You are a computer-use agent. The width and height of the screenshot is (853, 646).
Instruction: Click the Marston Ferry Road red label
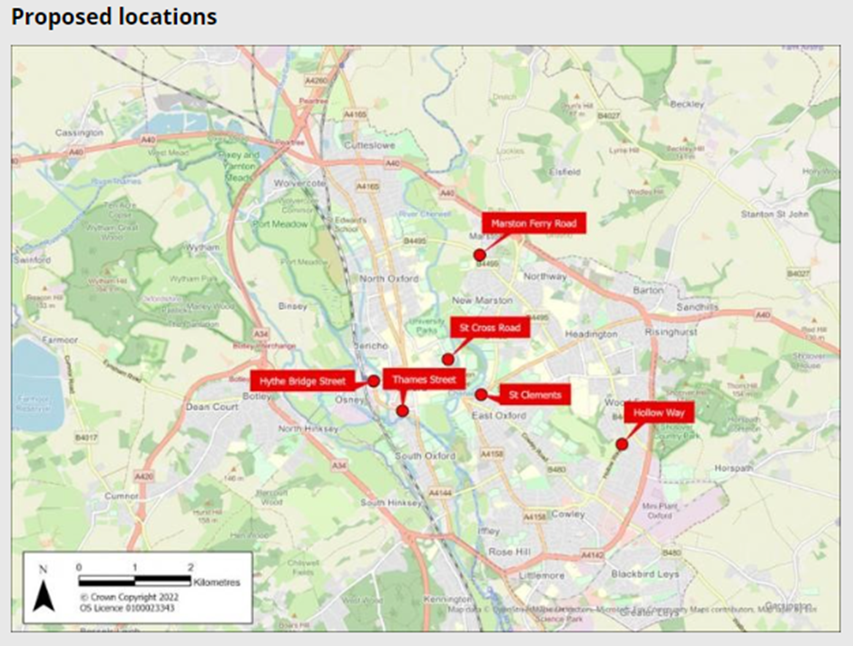[x=534, y=222]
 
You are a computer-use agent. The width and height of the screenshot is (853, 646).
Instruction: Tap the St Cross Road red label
[x=490, y=328]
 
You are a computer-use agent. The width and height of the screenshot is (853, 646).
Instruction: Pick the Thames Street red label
[x=424, y=379]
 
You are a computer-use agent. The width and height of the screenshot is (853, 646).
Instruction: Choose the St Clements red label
[x=534, y=395]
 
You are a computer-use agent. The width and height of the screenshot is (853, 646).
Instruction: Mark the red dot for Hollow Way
[x=622, y=444]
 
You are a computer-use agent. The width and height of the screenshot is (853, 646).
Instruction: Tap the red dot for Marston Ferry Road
[x=479, y=255]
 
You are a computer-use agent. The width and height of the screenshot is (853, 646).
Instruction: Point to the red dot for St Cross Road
[x=447, y=359]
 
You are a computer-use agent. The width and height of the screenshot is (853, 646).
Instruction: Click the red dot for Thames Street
[x=403, y=411]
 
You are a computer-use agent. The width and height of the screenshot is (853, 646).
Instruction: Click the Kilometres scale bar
[x=136, y=579]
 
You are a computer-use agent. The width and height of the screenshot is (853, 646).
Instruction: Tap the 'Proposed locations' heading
[x=114, y=17]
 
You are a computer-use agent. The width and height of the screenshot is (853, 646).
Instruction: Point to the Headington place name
[x=591, y=335]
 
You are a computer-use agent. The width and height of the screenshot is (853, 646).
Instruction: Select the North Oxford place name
[x=387, y=279]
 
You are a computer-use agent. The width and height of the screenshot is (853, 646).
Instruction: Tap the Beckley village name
[x=686, y=104]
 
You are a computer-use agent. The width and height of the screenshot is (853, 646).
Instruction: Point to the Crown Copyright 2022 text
[x=129, y=598]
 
